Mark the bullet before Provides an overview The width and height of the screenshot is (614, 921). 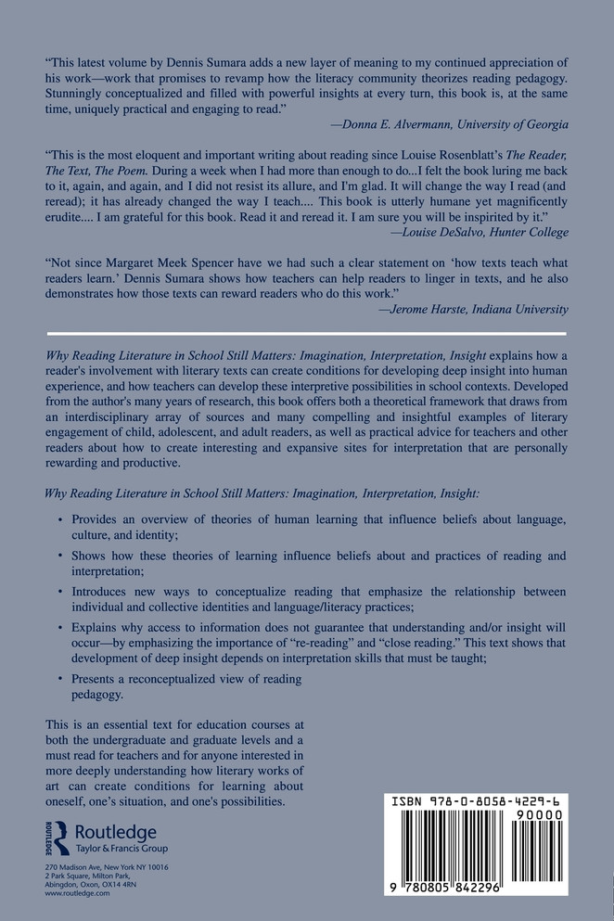60,512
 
